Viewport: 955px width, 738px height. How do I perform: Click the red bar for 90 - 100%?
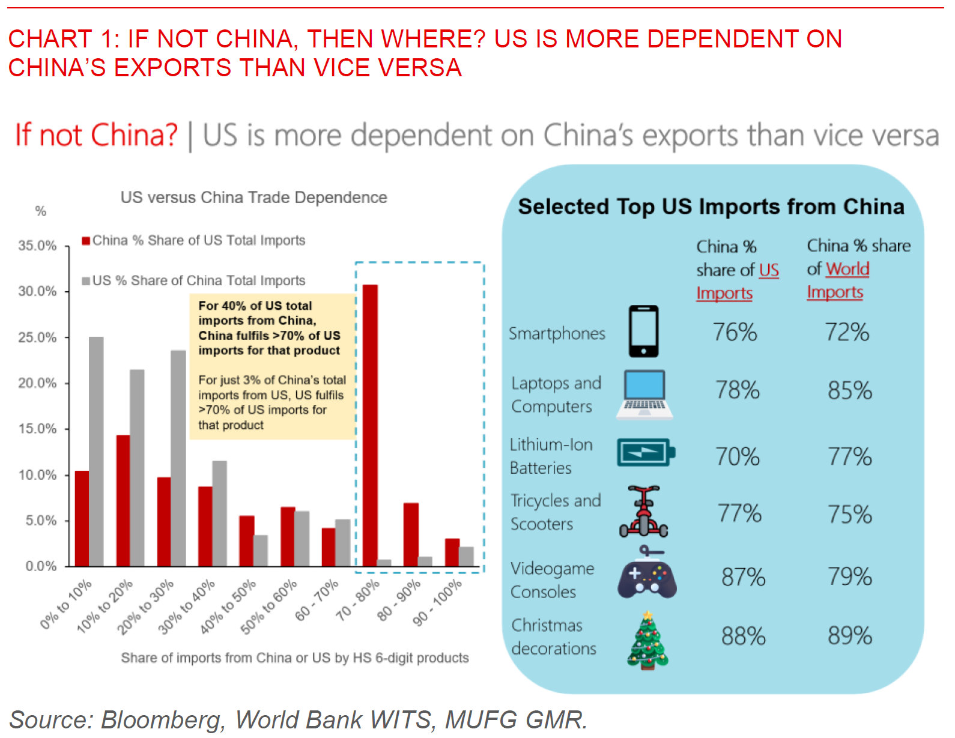452,552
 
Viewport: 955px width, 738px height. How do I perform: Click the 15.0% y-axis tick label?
37,429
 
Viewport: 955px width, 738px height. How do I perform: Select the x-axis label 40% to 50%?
228,606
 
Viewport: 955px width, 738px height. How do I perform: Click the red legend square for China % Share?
86,241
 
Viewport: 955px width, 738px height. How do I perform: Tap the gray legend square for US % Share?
86,281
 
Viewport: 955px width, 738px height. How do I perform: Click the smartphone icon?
643,331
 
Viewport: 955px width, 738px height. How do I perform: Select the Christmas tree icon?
647,640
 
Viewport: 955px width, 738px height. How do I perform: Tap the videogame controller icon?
647,578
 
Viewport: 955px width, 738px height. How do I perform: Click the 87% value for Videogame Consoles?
744,577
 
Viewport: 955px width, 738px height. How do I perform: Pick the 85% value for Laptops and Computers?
850,391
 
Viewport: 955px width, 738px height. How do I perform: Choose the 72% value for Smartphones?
847,332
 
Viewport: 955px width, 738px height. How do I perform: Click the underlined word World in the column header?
847,269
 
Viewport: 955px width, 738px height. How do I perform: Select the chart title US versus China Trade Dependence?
253,198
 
